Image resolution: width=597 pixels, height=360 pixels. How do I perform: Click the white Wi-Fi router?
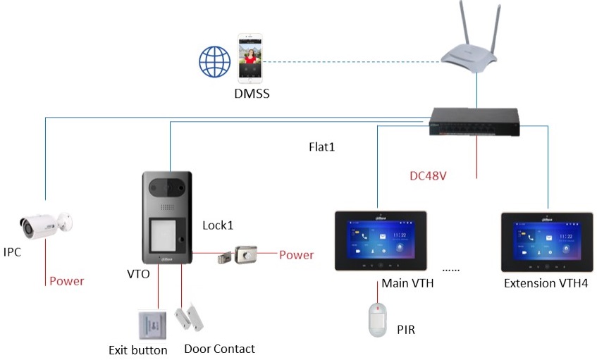pos(469,52)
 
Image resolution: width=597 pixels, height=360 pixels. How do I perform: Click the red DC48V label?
pos(428,175)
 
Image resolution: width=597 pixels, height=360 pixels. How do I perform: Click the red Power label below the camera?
pos(66,281)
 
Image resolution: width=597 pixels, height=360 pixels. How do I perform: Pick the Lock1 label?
pos(218,225)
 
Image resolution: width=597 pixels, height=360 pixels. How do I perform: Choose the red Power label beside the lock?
pos(296,254)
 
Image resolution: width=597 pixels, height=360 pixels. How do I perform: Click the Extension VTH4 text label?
pos(546,284)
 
